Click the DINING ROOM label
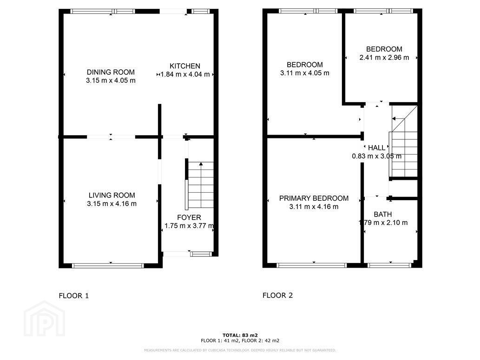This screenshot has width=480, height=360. click(111, 72)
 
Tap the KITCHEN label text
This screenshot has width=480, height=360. click(185, 66)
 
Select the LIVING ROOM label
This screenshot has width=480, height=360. click(112, 195)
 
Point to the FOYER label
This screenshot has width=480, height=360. click(189, 218)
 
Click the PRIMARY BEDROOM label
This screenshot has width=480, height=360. click(314, 198)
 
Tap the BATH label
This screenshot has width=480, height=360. click(383, 215)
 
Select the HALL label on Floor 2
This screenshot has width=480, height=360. click(376, 148)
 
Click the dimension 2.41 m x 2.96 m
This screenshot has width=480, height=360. click(384, 58)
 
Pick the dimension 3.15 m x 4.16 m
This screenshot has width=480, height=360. click(112, 204)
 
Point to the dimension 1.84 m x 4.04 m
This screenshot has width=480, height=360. click(185, 74)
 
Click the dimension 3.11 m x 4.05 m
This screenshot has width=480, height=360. click(305, 73)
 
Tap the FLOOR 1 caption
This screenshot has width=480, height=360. click(74, 296)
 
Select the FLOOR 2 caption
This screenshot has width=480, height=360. click(278, 295)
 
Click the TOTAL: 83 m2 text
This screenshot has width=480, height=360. click(240, 335)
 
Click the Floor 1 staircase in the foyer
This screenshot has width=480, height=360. click(201, 185)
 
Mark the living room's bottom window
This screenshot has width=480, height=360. click(108, 266)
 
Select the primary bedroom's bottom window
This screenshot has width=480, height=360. click(312, 265)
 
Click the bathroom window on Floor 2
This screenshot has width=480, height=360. click(389, 265)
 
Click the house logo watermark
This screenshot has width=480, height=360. click(45, 319)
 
